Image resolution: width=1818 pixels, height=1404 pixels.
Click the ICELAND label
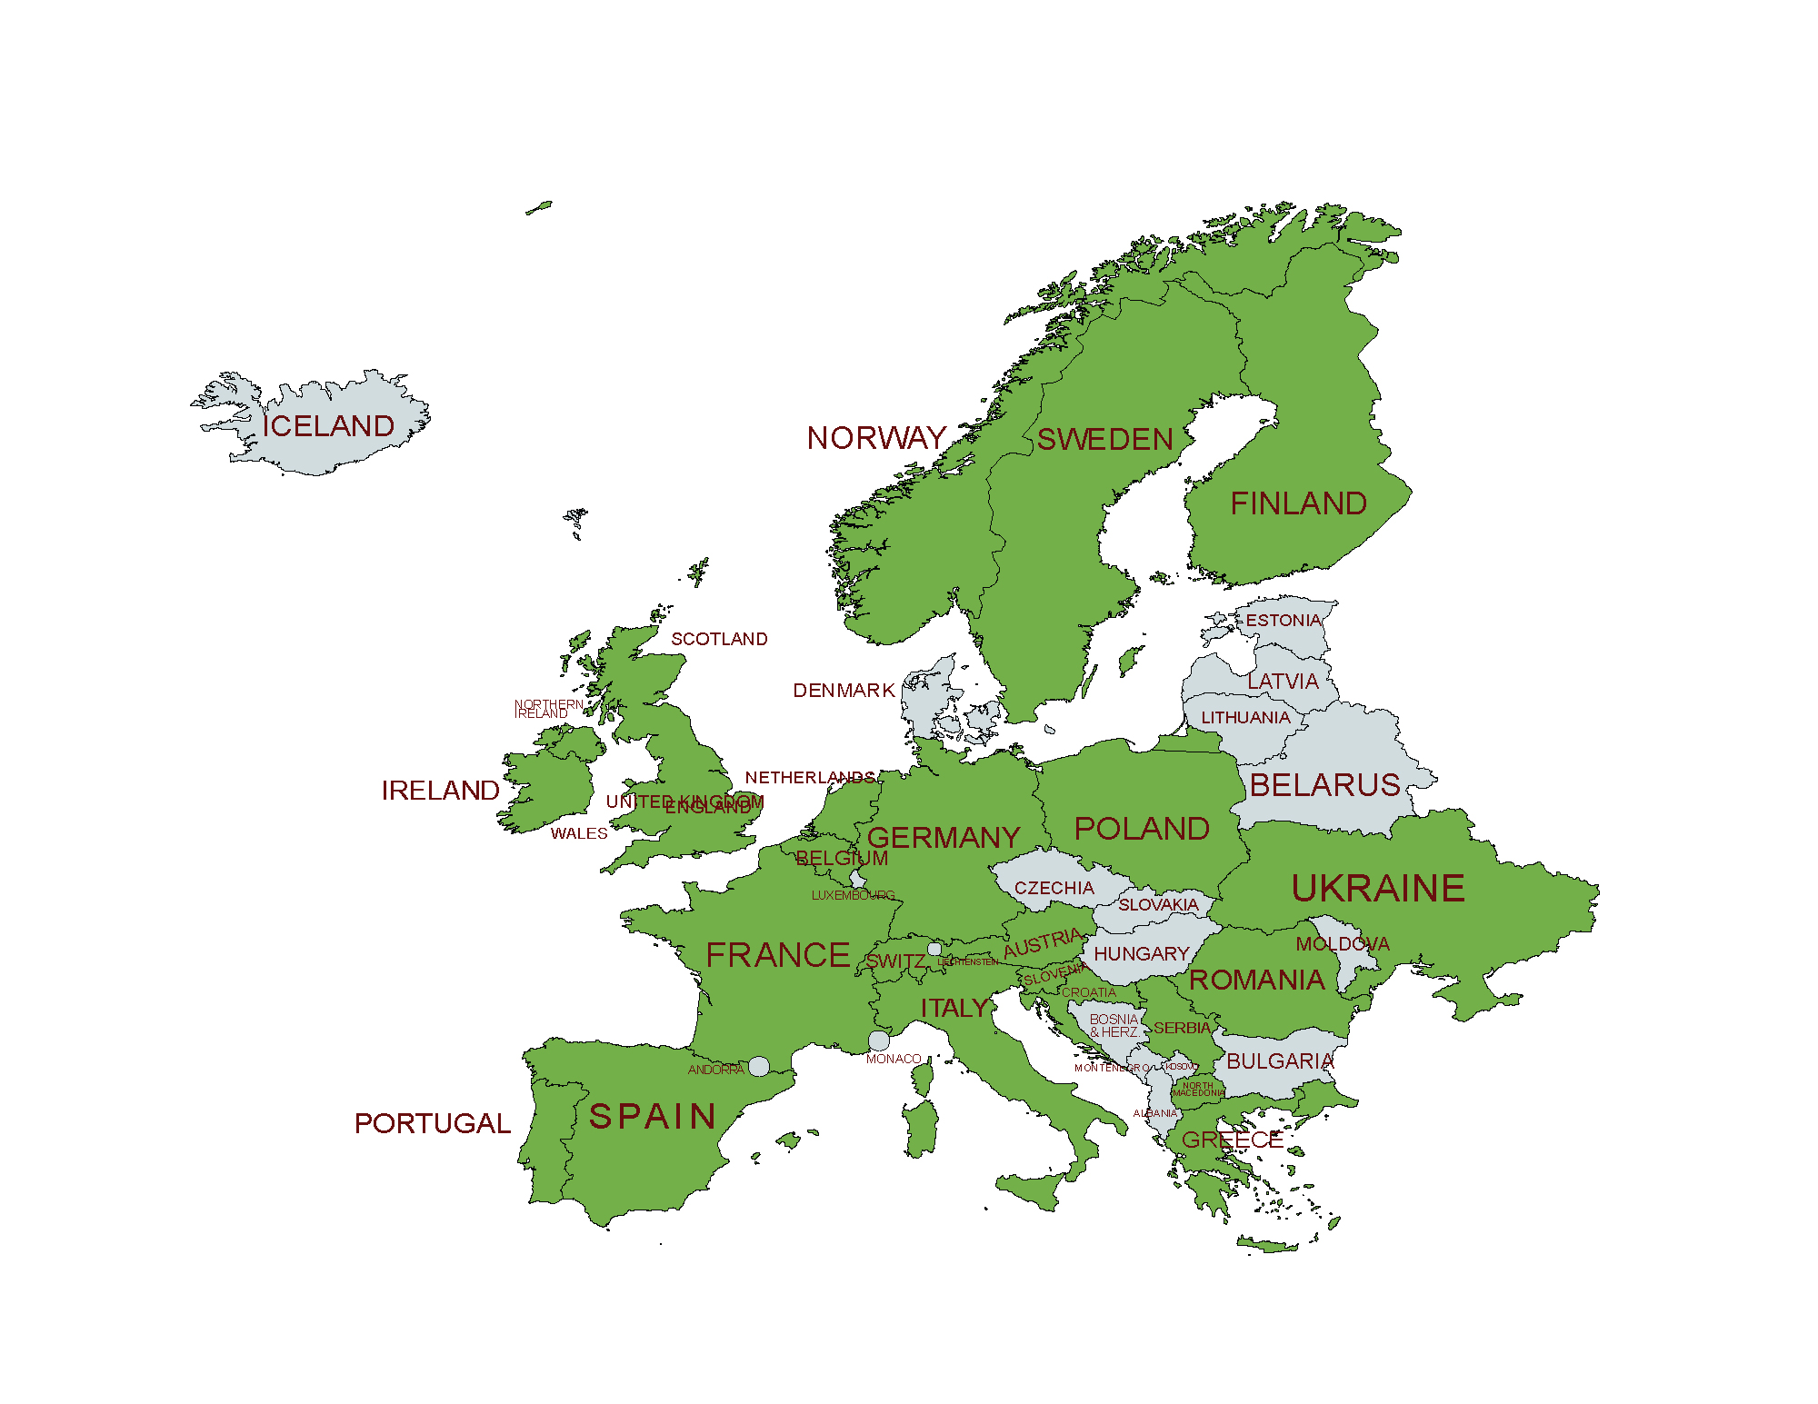[x=328, y=426]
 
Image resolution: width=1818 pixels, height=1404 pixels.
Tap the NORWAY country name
[x=876, y=438]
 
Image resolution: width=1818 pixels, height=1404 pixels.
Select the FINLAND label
[x=1298, y=503]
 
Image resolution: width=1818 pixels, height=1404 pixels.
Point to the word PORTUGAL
[x=432, y=1123]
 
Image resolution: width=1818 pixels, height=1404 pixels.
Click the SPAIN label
[x=653, y=1116]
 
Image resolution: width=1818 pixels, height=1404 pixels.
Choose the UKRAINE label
[x=1378, y=888]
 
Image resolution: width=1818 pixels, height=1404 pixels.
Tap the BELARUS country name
[x=1324, y=785]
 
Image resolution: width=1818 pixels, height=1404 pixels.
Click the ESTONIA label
[x=1283, y=621]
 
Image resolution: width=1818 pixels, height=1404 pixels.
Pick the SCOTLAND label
[x=719, y=639]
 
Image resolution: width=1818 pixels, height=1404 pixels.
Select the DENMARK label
[x=844, y=691]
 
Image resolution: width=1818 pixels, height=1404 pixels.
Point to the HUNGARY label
[x=1141, y=953]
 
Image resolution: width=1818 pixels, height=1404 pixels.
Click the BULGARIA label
[x=1280, y=1061]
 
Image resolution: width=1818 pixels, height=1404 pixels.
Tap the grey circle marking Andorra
[x=759, y=1066]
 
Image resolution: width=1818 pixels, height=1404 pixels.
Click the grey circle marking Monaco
[x=879, y=1041]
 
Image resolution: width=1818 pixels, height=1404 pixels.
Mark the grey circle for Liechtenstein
[x=934, y=949]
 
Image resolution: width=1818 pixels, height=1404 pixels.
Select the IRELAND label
[x=440, y=791]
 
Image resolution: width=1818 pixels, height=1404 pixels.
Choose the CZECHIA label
[x=1054, y=888]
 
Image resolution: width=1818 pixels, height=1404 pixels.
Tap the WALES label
[x=578, y=833]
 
